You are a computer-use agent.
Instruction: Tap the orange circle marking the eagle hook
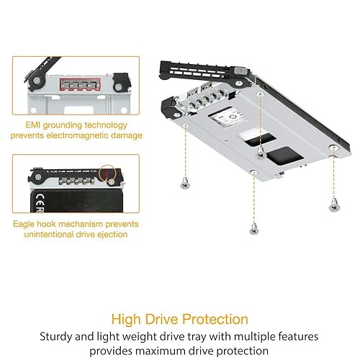tap(107, 174)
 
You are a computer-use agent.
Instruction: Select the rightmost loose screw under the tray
tap(333, 207)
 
